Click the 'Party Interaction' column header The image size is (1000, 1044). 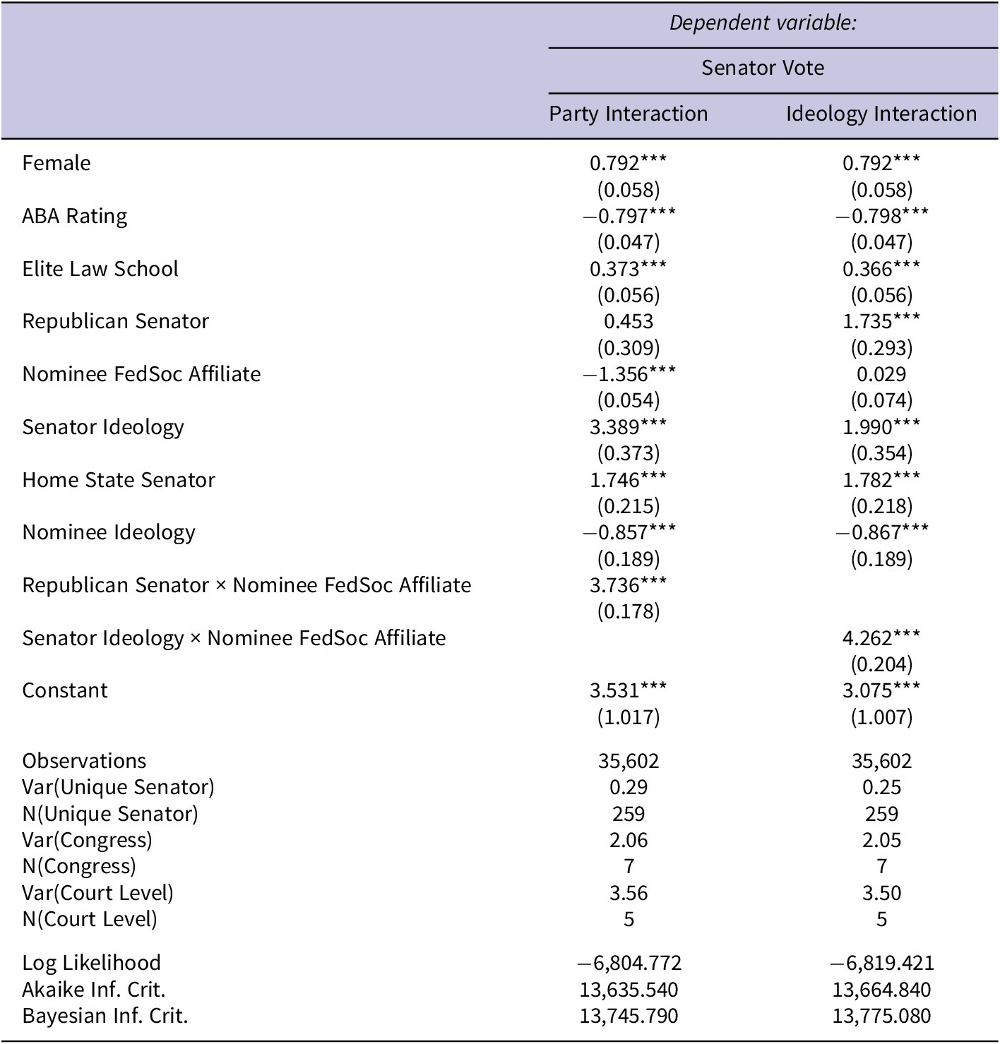pyautogui.click(x=629, y=114)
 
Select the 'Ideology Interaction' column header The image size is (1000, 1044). pyautogui.click(x=881, y=114)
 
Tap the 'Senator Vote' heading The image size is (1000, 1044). pyautogui.click(x=763, y=68)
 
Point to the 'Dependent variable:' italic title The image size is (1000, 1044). pyautogui.click(x=763, y=23)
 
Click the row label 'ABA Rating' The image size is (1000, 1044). pyautogui.click(x=75, y=216)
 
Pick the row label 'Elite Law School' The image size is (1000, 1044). pyautogui.click(x=100, y=269)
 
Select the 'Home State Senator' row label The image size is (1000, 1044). pyautogui.click(x=119, y=480)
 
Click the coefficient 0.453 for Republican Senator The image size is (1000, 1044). pyautogui.click(x=629, y=321)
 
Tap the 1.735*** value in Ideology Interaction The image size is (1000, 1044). pyautogui.click(x=881, y=321)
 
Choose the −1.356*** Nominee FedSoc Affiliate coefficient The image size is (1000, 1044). pyautogui.click(x=629, y=374)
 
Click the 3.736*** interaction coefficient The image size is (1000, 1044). pyautogui.click(x=629, y=585)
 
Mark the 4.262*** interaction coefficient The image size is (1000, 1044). pyautogui.click(x=881, y=638)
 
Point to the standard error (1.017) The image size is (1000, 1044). pyautogui.click(x=629, y=717)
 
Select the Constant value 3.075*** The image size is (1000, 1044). pyautogui.click(x=881, y=690)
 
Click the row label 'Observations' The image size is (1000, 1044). pyautogui.click(x=84, y=761)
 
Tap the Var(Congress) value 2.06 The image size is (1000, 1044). pyautogui.click(x=629, y=840)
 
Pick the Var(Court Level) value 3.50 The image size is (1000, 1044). pyautogui.click(x=881, y=893)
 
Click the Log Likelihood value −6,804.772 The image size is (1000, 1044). pyautogui.click(x=629, y=963)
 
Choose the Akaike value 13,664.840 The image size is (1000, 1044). pyautogui.click(x=881, y=990)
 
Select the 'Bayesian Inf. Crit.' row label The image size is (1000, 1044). pyautogui.click(x=105, y=1016)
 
